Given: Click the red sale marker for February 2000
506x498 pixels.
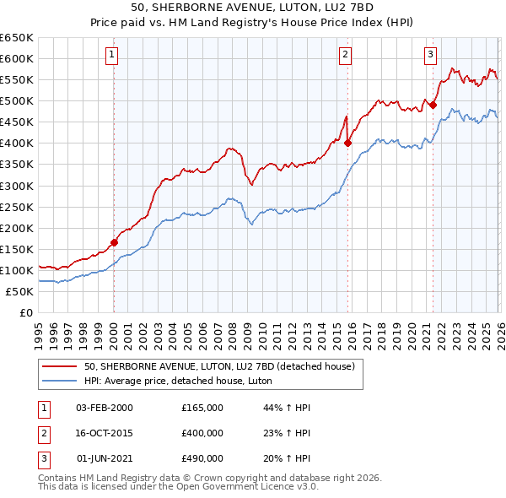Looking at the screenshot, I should [114, 242].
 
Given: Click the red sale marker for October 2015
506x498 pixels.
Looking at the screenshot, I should [347, 143].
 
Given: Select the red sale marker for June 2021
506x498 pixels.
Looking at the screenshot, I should [433, 105].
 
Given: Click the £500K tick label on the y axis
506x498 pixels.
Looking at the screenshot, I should [17, 100].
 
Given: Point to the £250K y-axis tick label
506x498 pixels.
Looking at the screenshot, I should [17, 207].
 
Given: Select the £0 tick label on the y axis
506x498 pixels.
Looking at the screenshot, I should [27, 312].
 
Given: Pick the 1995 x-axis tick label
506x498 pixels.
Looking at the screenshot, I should [39, 330].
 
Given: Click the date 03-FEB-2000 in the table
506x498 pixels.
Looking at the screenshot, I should [105, 407].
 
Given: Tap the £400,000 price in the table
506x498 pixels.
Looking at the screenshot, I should [202, 433].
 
